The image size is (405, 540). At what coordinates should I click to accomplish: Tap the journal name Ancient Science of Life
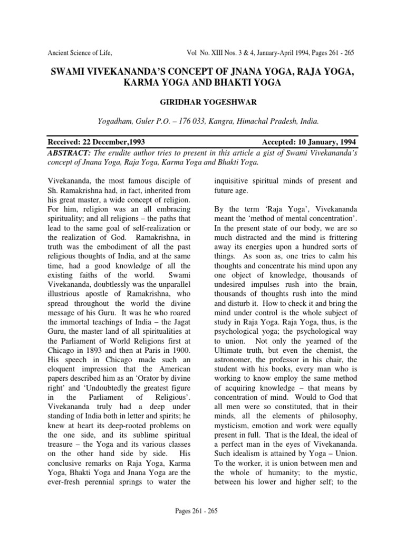click(x=80, y=53)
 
